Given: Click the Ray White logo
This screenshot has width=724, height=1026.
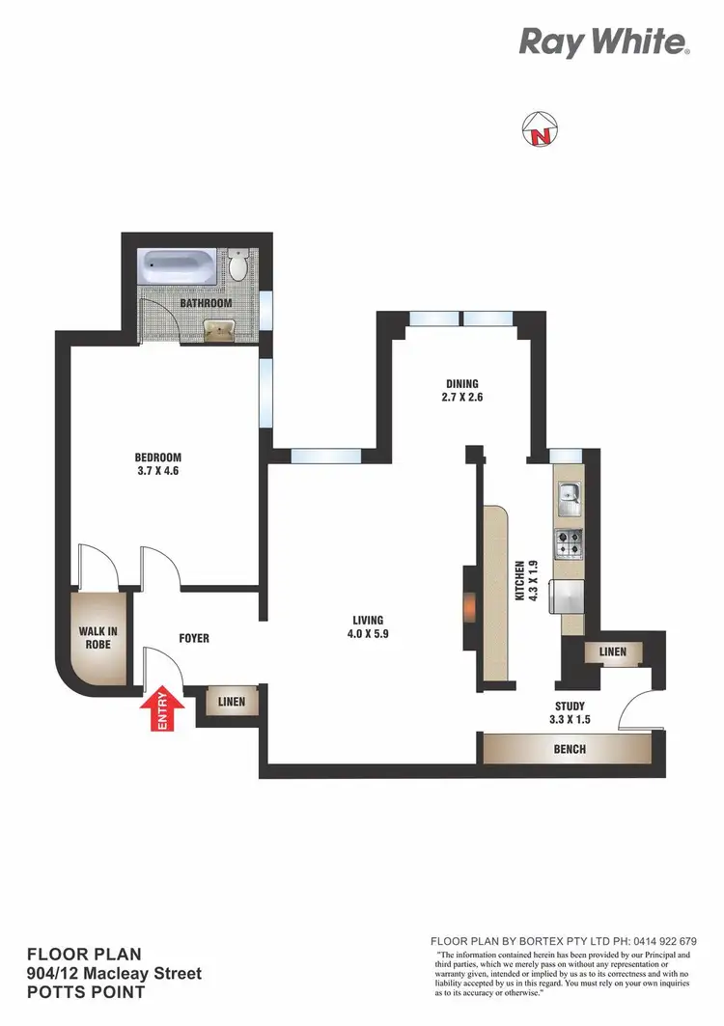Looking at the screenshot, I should (x=603, y=42).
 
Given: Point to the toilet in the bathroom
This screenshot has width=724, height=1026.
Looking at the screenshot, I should (x=239, y=265).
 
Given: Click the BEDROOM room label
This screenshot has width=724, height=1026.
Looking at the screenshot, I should (x=157, y=458).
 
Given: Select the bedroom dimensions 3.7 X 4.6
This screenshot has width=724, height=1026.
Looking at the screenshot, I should (x=157, y=473).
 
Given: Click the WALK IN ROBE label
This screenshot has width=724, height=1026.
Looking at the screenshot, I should (x=97, y=638).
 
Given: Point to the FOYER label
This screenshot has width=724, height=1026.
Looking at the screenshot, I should (x=194, y=638).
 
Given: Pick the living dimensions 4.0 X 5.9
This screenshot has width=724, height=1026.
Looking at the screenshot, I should (x=368, y=634).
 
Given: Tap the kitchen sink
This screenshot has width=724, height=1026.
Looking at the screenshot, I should (x=569, y=496).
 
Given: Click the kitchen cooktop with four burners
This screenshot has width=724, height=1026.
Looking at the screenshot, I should (x=568, y=543).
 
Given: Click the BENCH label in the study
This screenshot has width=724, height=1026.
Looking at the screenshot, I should (x=570, y=749).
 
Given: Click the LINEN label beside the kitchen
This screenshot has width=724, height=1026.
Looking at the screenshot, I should (x=612, y=652).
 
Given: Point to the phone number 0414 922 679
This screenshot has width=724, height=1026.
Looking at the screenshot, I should (x=661, y=941).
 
